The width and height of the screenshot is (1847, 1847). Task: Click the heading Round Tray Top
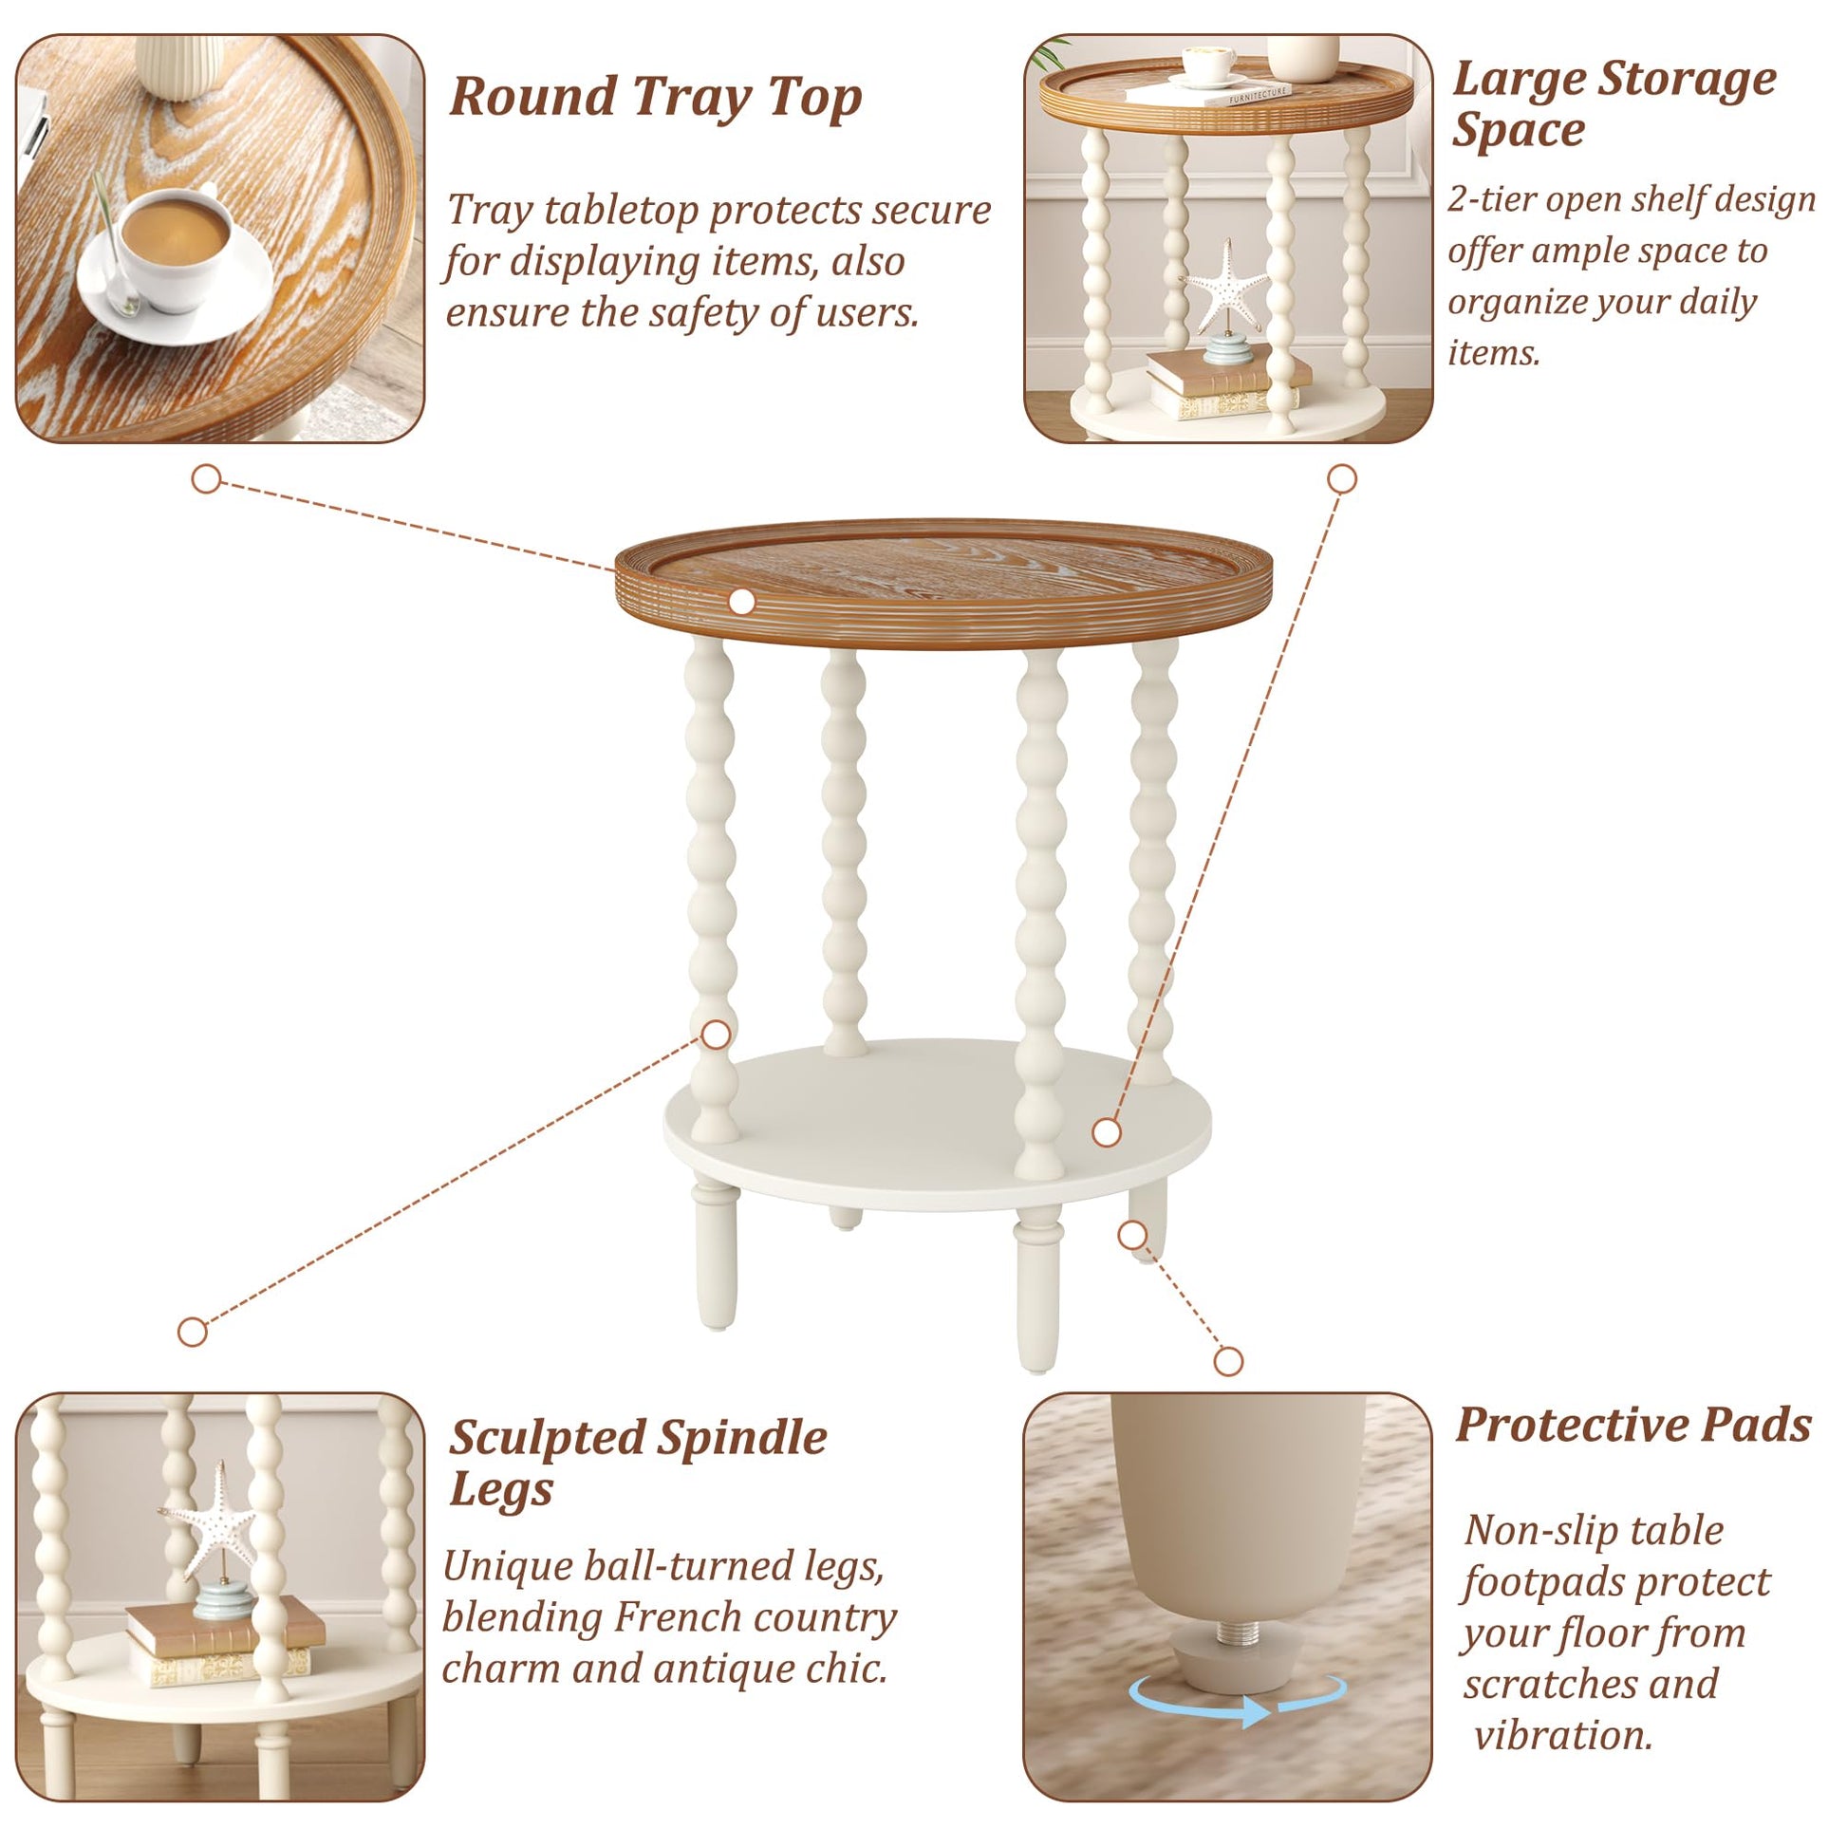pos(656,98)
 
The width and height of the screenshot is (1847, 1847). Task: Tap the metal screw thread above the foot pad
pos(1234,1632)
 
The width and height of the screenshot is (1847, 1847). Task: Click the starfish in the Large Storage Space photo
pos(1223,287)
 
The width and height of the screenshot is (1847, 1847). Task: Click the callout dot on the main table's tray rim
pos(742,602)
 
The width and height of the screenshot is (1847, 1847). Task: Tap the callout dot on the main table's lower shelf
pos(1106,1133)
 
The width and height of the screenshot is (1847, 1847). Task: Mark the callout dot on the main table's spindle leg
pos(716,1035)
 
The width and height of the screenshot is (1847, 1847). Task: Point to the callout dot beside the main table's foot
pos(1132,1235)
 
